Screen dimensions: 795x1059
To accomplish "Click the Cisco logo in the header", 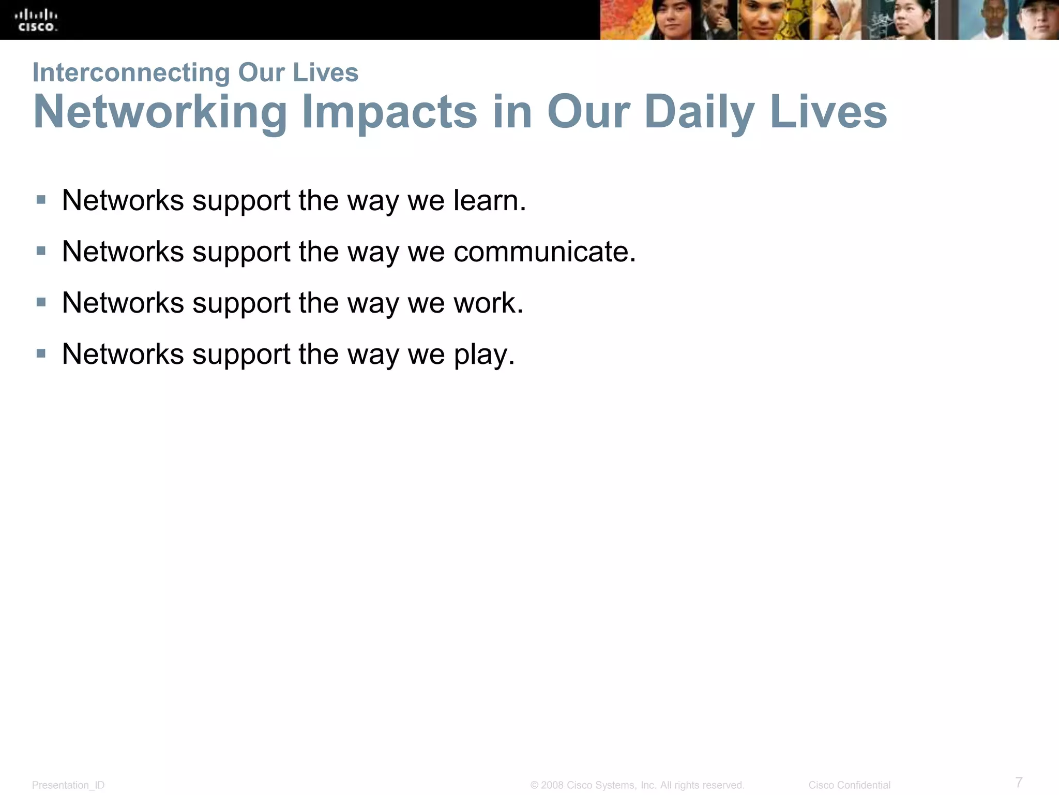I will [37, 20].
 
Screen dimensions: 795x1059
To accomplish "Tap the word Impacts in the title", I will [389, 112].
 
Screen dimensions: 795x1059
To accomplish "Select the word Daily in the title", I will [700, 112].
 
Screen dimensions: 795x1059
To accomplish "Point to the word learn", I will [489, 200].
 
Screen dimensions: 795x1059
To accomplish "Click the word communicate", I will [544, 252].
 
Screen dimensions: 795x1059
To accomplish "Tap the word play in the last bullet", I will [484, 355].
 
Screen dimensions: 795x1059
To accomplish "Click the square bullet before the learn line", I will [41, 200].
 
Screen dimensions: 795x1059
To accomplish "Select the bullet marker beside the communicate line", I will [41, 251].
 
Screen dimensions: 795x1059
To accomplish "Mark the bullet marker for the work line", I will [41, 302].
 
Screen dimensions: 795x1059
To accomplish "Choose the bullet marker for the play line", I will [41, 354].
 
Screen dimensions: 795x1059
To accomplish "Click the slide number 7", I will [1019, 782].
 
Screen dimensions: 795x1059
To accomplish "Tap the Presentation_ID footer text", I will [68, 785].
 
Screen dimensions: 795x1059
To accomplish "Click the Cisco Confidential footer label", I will [849, 785].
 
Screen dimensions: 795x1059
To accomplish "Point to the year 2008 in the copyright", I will [552, 785].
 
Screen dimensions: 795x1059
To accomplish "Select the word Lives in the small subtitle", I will [325, 72].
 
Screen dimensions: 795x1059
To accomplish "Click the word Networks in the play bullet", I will [123, 355].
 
